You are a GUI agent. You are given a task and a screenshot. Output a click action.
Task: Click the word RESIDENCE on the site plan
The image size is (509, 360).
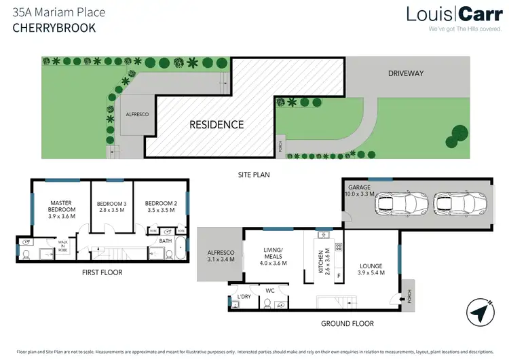click(216, 124)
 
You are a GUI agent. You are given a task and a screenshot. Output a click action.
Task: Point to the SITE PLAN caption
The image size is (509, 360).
click(254, 175)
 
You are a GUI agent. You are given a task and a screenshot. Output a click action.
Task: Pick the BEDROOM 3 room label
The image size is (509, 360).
click(111, 207)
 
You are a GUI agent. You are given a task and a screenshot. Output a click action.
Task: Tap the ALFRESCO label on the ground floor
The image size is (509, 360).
click(220, 255)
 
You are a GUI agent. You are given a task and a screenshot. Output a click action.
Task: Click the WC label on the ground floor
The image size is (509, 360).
click(269, 290)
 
